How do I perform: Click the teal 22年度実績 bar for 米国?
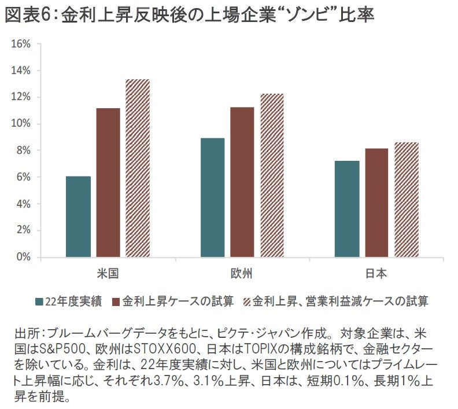[x=78, y=217]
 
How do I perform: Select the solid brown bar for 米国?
[x=108, y=183]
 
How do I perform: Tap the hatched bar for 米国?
[x=138, y=168]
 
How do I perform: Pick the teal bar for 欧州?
[x=212, y=198]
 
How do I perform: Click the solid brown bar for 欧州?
[x=242, y=182]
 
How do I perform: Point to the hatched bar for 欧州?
[x=272, y=176]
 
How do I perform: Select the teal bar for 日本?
[x=347, y=209]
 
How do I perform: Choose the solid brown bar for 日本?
[x=376, y=203]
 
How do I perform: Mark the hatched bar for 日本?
[x=407, y=200]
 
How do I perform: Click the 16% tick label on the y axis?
[x=21, y=44]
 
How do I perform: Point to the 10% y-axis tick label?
[x=21, y=124]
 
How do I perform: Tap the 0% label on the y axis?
[x=23, y=257]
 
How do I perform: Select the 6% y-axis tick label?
[x=23, y=177]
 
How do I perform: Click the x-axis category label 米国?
[x=108, y=272]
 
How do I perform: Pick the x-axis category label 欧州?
[x=242, y=272]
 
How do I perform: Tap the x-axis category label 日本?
[x=376, y=272]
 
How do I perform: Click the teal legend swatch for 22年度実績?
[x=40, y=301]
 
